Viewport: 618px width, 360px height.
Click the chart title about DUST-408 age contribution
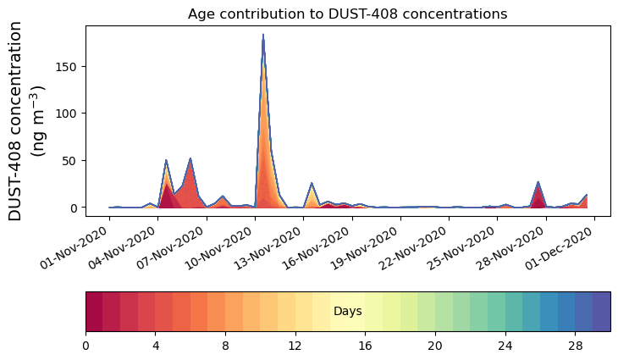[347, 14]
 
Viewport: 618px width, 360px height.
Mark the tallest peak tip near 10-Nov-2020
[263, 35]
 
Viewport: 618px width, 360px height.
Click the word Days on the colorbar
[347, 312]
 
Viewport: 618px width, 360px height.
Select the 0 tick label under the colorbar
[86, 346]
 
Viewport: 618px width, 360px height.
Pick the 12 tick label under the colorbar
[295, 346]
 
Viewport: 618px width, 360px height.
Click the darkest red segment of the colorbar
[94, 312]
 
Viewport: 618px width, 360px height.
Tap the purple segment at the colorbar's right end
[602, 312]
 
